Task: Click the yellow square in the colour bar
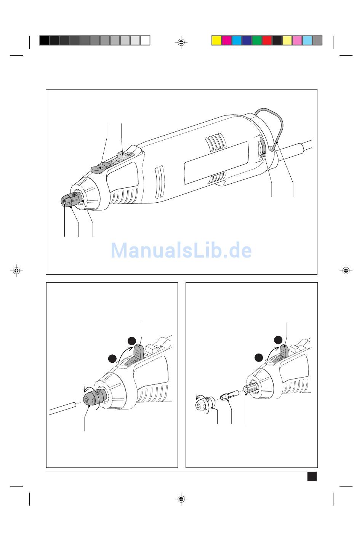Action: pyautogui.click(x=216, y=40)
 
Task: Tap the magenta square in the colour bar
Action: pyautogui.click(x=226, y=40)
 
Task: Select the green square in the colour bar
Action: pyautogui.click(x=257, y=40)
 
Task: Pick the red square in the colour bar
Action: pyautogui.click(x=267, y=40)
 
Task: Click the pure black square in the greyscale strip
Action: pyautogui.click(x=44, y=40)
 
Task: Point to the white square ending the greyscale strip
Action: pyautogui.click(x=145, y=40)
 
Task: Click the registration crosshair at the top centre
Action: pyautogui.click(x=181, y=42)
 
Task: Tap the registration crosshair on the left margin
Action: pyautogui.click(x=16, y=270)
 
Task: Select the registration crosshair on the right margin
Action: pyautogui.click(x=346, y=270)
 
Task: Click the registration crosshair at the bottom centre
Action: pyautogui.click(x=181, y=498)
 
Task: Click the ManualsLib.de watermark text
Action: pyautogui.click(x=181, y=250)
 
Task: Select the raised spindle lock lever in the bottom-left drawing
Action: pyautogui.click(x=138, y=351)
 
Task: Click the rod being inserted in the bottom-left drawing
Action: pyautogui.click(x=62, y=408)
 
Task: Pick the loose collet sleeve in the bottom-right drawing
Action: pyautogui.click(x=230, y=395)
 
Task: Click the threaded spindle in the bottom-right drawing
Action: pyautogui.click(x=251, y=388)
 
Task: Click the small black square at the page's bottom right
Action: pyautogui.click(x=312, y=476)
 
